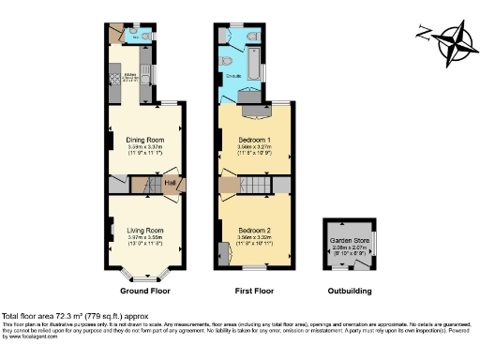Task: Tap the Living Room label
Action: point(145,230)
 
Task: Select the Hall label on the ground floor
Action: point(172,183)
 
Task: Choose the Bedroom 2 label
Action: point(254,230)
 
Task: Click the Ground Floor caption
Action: point(144,290)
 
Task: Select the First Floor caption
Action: point(254,290)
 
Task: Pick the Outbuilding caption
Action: point(347,290)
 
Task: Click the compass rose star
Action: point(457,41)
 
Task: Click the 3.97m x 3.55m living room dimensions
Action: point(145,238)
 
